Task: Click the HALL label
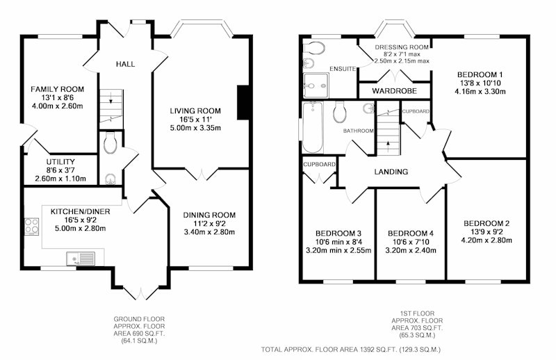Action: point(125,64)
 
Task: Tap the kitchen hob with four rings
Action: point(31,226)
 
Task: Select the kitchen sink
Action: point(81,259)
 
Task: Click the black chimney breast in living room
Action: point(243,102)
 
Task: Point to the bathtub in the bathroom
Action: point(312,127)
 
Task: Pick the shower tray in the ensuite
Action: point(316,85)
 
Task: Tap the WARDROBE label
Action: point(394,91)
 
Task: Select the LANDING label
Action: point(391,172)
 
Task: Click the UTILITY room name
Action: point(60,162)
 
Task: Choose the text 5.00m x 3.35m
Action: point(195,128)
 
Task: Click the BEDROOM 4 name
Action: point(411,234)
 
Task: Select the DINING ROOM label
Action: point(209,215)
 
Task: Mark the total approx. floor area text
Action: point(351,350)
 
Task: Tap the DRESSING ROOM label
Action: point(402,47)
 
